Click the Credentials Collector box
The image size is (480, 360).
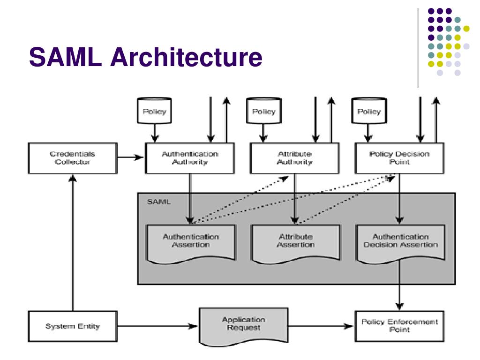click(73, 158)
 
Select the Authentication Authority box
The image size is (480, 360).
click(190, 158)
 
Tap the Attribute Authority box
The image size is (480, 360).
click(295, 158)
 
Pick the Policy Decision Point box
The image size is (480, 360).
click(399, 158)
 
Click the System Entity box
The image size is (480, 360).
click(73, 326)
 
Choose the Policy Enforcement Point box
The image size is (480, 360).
click(399, 326)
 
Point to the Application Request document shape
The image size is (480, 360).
click(244, 326)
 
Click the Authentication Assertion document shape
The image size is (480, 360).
click(191, 243)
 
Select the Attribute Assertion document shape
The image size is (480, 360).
click(296, 243)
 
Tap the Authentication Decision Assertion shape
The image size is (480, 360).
click(401, 243)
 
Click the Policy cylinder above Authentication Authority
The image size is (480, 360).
click(154, 111)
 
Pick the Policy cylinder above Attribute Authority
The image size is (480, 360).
click(263, 111)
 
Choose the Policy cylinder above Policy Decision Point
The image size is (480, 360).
click(369, 111)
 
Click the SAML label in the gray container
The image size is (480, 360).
click(158, 202)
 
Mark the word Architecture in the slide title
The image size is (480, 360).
click(186, 57)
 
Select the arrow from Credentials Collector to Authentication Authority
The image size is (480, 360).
click(130, 157)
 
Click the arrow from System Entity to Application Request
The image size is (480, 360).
click(157, 326)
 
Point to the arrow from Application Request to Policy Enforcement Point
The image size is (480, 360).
click(321, 326)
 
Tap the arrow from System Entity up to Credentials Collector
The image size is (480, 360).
click(73, 242)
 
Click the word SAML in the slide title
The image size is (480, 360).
click(66, 57)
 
